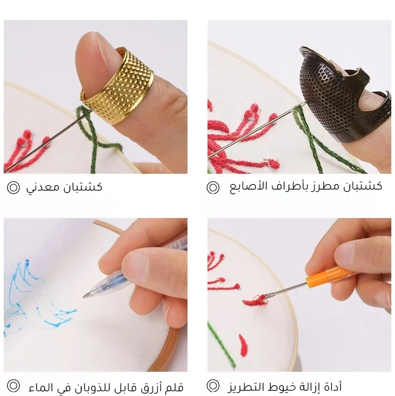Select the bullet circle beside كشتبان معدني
click(13, 187)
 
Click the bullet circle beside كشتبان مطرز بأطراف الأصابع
click(213, 187)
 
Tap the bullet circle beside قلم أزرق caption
click(13, 385)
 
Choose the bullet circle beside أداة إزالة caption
click(213, 385)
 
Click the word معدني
click(43, 187)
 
